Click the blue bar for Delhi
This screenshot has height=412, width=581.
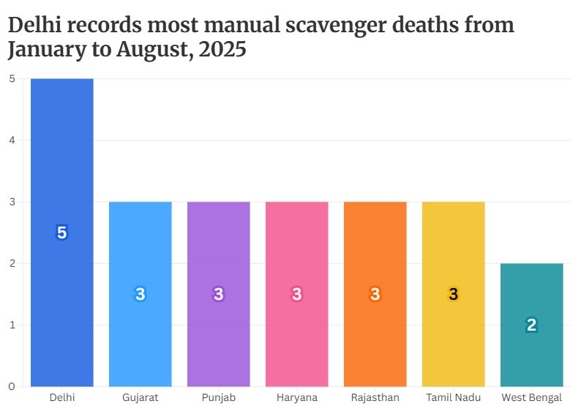(x=62, y=147)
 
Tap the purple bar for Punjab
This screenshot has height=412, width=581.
(x=219, y=249)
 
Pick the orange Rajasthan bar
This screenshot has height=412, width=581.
(x=375, y=249)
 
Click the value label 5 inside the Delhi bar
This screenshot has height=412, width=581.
(x=62, y=233)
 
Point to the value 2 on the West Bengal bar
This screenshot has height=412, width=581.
(x=532, y=325)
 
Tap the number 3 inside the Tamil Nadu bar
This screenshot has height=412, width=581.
(x=454, y=295)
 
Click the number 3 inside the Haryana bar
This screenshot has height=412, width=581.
(x=297, y=295)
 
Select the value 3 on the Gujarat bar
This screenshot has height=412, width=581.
(x=140, y=295)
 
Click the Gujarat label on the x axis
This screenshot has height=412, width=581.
(x=140, y=398)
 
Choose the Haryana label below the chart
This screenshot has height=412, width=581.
(x=297, y=398)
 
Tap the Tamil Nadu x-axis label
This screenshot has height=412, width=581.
(x=454, y=398)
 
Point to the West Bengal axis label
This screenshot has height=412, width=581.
(x=532, y=398)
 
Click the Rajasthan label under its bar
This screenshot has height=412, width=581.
(x=375, y=398)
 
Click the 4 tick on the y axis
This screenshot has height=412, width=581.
(x=12, y=140)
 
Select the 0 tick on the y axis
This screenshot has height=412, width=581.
(x=12, y=386)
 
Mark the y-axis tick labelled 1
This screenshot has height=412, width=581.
(x=12, y=325)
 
